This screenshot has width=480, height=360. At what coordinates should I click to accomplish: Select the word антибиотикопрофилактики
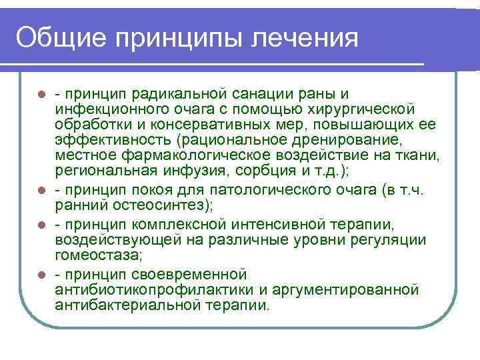[x=144, y=290]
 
